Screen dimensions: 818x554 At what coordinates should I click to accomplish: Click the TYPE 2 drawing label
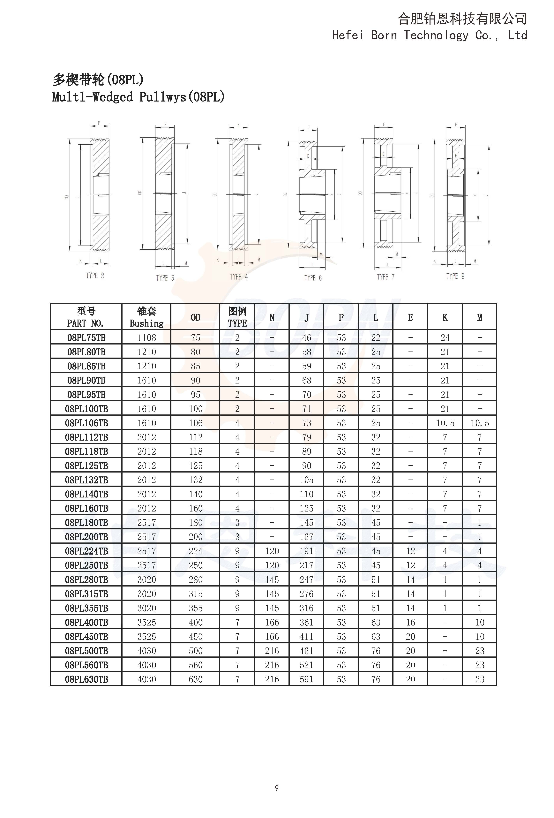(x=95, y=276)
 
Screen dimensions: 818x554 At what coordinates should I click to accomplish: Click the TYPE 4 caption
(x=239, y=277)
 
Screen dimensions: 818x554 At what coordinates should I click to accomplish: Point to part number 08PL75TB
(x=86, y=337)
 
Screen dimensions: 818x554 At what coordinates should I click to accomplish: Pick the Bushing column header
(x=146, y=317)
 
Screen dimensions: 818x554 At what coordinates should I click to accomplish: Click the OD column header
(x=195, y=317)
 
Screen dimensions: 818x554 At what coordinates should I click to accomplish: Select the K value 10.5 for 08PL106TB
(x=445, y=423)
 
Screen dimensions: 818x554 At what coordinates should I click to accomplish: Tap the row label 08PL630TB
(x=86, y=679)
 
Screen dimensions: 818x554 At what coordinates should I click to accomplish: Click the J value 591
(x=306, y=679)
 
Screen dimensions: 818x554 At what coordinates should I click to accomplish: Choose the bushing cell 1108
(x=146, y=337)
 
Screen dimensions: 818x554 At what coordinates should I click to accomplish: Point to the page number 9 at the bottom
(x=277, y=788)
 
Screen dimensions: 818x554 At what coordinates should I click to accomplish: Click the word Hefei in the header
(x=347, y=35)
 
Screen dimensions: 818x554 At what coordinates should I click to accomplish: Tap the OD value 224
(x=195, y=551)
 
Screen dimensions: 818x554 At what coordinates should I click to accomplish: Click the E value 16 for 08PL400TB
(x=410, y=622)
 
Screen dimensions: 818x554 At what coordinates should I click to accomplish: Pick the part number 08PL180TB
(x=86, y=523)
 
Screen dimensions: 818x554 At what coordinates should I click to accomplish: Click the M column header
(x=479, y=317)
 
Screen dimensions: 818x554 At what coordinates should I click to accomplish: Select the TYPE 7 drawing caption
(x=386, y=277)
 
